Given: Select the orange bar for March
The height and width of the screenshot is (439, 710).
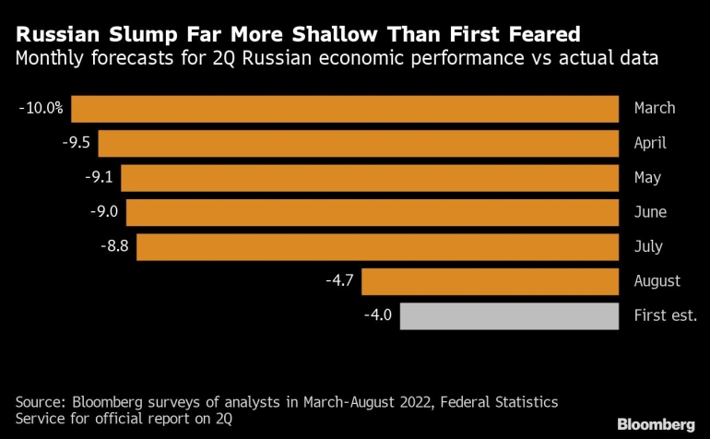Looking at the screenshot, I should point(345,109).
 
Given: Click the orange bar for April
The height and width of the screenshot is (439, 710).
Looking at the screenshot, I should point(358,144).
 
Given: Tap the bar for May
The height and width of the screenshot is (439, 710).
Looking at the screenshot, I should point(369,178).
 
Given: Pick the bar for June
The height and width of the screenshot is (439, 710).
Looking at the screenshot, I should point(372,212).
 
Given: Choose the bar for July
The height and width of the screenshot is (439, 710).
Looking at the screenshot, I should point(377,247).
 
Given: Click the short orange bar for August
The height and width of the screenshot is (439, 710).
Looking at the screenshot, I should point(496,281).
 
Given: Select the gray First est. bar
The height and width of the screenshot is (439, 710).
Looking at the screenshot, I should point(509,315).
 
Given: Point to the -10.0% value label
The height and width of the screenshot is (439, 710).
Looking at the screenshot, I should point(41,109).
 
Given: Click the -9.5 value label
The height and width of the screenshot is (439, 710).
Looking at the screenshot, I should point(75,144).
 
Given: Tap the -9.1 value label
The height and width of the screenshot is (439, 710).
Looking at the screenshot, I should point(97,178).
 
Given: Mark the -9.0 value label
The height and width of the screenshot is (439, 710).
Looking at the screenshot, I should point(102,212).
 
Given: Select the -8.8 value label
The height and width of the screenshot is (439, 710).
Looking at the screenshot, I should point(112,247).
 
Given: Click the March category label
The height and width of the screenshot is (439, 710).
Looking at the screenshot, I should point(654,109).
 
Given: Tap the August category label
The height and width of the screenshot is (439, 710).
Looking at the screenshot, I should point(657,281).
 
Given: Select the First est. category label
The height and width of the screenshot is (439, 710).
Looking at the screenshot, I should point(665,315).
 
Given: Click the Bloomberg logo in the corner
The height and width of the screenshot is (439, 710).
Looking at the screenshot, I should point(657,424).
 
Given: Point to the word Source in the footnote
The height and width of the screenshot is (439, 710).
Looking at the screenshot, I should point(39,402).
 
